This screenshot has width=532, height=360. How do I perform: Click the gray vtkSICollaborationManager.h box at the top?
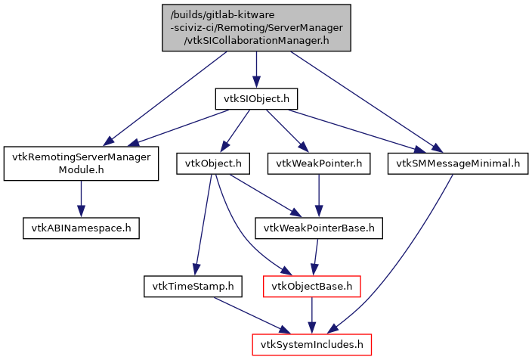(x=256, y=28)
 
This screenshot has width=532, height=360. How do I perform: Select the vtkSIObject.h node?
(x=255, y=98)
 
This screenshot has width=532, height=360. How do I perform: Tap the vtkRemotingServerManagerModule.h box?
(x=81, y=163)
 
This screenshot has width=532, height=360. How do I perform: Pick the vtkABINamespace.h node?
(x=81, y=226)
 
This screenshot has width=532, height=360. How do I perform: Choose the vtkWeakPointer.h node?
(x=319, y=163)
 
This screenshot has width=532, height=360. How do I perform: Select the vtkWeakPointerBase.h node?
(x=319, y=226)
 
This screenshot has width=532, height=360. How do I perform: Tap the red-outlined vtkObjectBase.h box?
(x=311, y=287)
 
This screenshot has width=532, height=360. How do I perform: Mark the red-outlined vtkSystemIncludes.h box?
(x=311, y=346)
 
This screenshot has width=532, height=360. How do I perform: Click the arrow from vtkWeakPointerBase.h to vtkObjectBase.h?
(x=316, y=256)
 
